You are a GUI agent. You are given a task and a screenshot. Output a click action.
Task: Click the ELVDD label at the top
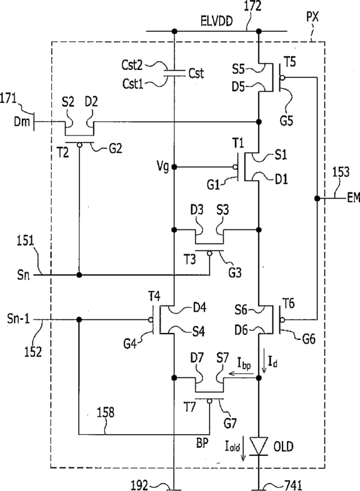click(217, 21)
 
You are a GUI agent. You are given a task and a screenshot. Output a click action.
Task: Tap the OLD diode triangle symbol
click(259, 446)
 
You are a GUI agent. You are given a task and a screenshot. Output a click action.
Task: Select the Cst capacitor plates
click(174, 73)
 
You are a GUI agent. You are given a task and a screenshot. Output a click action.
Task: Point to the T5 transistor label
click(290, 62)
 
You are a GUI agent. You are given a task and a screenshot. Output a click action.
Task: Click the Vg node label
click(162, 167)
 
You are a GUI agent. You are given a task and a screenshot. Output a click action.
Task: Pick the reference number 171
click(9, 99)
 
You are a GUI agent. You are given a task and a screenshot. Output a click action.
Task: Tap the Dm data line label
click(22, 121)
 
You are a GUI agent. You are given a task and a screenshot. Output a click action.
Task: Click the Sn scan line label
click(23, 275)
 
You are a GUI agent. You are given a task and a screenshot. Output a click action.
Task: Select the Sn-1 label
click(19, 319)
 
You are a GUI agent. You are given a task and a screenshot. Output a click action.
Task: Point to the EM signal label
click(353, 198)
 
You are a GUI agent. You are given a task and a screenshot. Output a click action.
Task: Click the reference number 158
click(106, 412)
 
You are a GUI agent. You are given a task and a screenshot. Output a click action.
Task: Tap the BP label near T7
click(202, 443)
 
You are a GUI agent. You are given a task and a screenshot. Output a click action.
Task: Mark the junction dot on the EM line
click(317, 198)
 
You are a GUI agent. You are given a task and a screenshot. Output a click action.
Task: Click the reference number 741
click(293, 485)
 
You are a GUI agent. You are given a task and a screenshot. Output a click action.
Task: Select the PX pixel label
click(312, 16)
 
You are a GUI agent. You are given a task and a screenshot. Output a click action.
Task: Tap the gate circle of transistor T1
click(235, 167)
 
